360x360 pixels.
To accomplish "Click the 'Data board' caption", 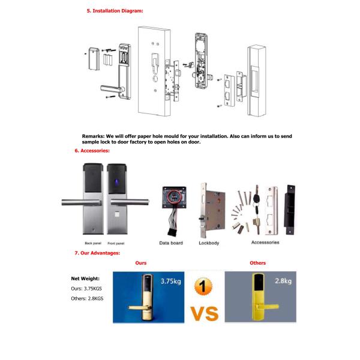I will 172,243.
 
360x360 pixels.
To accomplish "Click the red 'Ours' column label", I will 141,263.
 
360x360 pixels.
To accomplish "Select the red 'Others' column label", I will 257,263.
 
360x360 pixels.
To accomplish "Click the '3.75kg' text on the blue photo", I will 172,281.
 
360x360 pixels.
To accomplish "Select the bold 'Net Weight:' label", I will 86,278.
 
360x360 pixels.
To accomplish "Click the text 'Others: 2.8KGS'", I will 88,299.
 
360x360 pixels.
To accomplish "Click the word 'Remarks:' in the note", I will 93,136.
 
